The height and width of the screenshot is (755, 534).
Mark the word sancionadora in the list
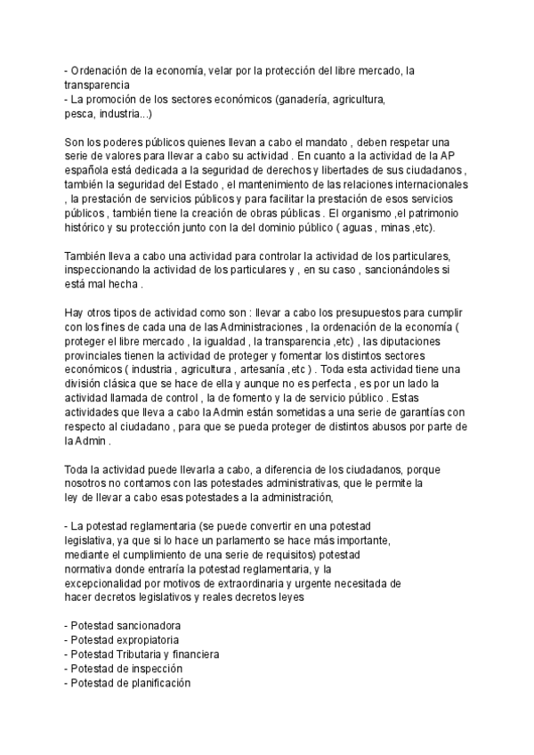point(149,626)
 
